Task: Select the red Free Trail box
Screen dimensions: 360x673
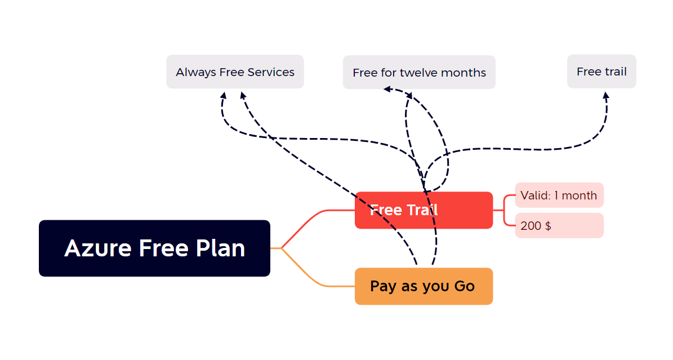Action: click(x=424, y=210)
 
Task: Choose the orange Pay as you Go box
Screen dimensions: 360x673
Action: click(x=424, y=286)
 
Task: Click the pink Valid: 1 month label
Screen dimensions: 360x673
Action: click(x=559, y=195)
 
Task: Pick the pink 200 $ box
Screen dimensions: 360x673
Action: click(x=559, y=226)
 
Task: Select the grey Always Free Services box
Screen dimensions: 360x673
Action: click(x=235, y=72)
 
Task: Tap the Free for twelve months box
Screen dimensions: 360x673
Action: click(x=419, y=73)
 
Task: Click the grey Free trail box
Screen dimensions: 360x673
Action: click(x=601, y=72)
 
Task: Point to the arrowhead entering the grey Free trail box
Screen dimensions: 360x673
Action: click(x=606, y=96)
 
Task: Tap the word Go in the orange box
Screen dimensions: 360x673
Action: click(x=464, y=286)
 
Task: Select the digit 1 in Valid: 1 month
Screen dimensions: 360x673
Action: click(x=556, y=195)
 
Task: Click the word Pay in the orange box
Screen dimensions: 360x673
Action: click(x=383, y=286)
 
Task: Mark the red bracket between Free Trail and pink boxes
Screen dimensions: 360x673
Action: click(x=504, y=211)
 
